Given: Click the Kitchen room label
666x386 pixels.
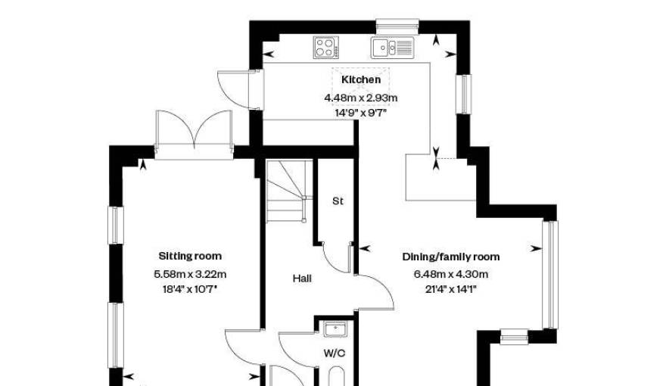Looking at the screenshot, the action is (361, 79).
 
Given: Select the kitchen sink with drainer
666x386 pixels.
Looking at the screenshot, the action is (393, 48).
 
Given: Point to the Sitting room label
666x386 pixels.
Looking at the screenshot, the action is (190, 256).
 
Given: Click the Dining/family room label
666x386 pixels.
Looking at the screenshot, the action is (451, 257).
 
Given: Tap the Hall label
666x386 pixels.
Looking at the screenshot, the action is (302, 279).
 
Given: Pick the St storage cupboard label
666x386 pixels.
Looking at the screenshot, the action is (338, 201).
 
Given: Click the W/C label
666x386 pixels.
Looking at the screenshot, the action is (335, 353).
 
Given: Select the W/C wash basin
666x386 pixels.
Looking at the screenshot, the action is (335, 329).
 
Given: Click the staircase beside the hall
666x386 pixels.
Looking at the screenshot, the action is (286, 191).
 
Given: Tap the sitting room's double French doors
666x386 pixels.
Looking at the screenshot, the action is (194, 134).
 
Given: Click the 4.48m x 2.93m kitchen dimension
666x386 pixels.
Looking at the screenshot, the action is (361, 98).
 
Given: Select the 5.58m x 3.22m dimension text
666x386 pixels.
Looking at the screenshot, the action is (190, 274).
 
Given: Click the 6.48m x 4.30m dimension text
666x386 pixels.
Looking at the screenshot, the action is (451, 274).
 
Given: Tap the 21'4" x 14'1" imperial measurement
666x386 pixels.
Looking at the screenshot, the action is (451, 290).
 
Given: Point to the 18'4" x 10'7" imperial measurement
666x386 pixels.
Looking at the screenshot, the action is (190, 290).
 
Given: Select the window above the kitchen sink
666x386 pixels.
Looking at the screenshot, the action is (397, 26).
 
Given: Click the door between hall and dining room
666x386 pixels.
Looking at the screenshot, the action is (376, 293).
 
